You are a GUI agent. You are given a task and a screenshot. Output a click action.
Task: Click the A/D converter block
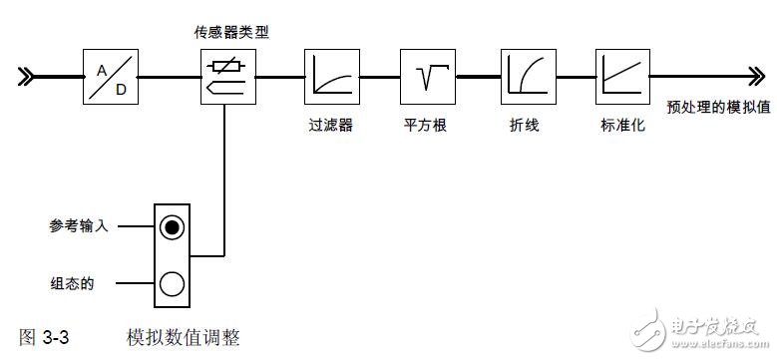[109, 76]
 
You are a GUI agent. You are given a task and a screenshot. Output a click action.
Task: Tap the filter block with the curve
[331, 76]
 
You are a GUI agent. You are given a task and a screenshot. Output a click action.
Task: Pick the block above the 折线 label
[526, 76]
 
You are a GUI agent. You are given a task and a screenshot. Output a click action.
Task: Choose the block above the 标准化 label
[622, 76]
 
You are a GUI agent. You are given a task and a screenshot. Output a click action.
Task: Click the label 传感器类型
[231, 32]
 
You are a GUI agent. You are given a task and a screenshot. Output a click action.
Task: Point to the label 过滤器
[331, 127]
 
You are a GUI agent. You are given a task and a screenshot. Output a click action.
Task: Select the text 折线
[525, 127]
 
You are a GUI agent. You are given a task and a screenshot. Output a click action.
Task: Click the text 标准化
[622, 127]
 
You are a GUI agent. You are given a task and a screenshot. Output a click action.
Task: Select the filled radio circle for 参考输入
[173, 227]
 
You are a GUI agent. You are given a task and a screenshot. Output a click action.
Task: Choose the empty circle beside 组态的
[173, 284]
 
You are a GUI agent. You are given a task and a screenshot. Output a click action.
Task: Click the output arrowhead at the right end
[756, 76]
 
